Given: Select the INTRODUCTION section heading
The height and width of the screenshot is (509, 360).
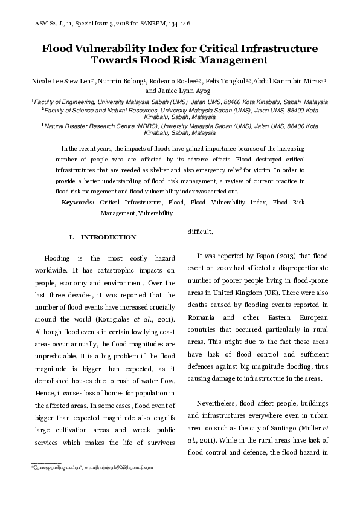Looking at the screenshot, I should pos(108,237).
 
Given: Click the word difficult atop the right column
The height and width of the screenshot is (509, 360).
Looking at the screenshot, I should pos(200,232).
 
